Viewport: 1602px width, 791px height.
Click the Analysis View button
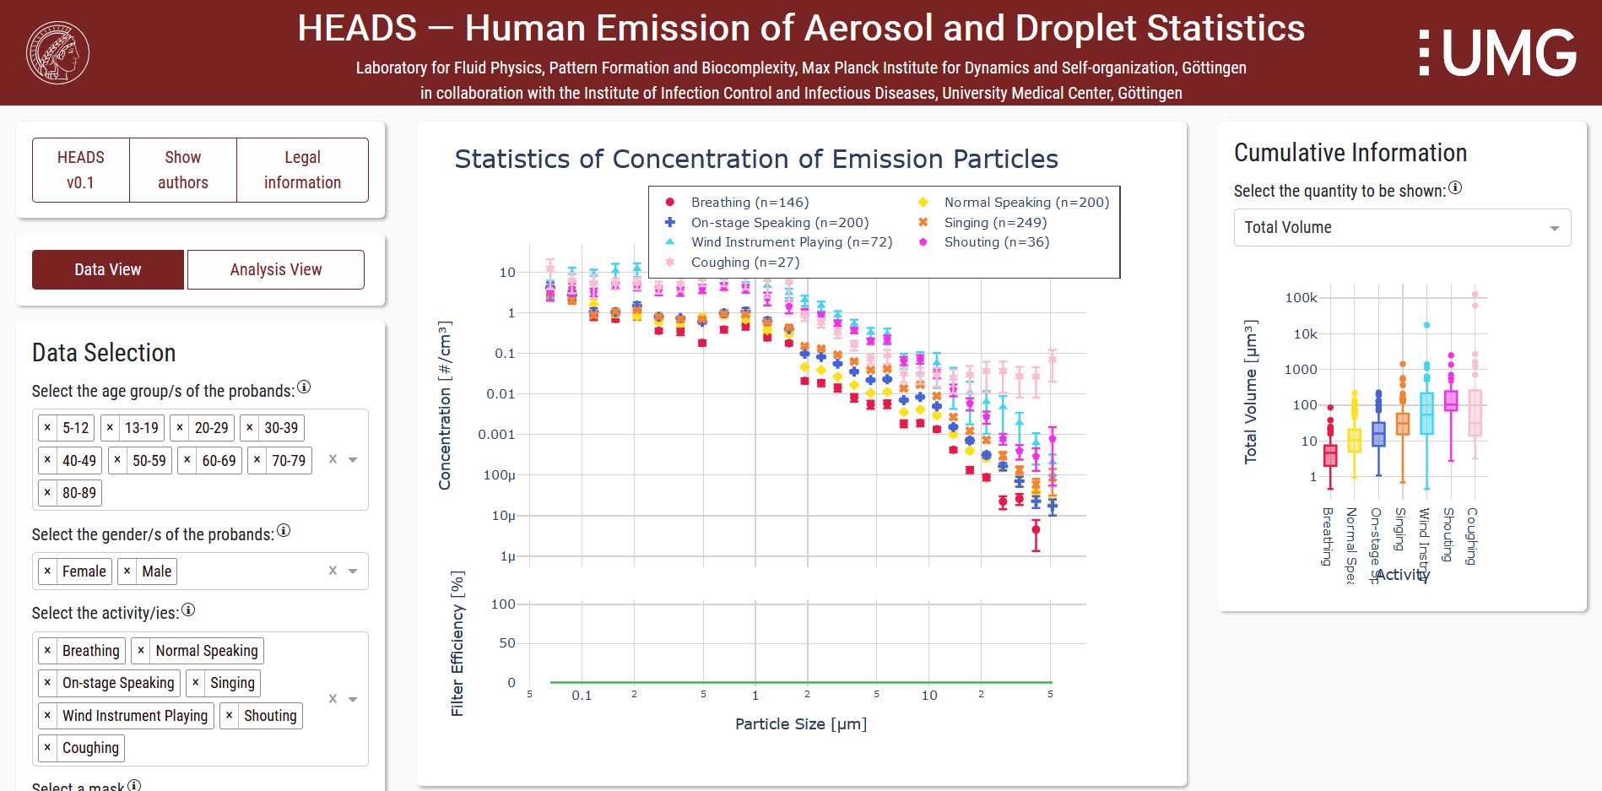click(275, 269)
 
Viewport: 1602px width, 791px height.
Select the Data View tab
click(107, 269)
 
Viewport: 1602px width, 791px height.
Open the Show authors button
click(182, 170)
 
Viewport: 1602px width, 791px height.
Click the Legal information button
click(302, 170)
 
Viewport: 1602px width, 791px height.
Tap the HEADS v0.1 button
click(81, 170)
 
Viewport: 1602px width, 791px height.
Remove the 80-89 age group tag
click(47, 493)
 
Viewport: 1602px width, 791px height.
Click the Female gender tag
click(84, 572)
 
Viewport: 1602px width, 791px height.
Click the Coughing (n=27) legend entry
click(744, 263)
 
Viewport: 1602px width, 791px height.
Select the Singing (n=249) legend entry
click(994, 223)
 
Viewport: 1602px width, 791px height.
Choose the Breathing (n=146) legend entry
click(749, 203)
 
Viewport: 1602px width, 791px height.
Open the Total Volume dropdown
click(1401, 228)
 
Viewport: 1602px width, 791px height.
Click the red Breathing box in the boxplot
click(1330, 455)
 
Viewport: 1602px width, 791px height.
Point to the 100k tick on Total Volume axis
click(1301, 298)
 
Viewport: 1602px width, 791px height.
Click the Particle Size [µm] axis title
click(800, 724)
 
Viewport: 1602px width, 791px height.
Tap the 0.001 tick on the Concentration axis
click(496, 435)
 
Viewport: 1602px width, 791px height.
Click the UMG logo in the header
click(1497, 52)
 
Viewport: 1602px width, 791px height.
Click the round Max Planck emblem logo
click(57, 52)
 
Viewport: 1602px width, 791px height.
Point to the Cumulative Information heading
click(1350, 153)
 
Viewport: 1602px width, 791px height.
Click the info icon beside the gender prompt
click(284, 531)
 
